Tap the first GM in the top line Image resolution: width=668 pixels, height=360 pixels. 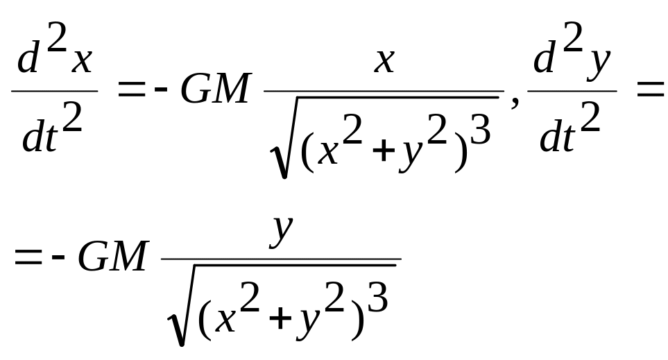click(x=214, y=90)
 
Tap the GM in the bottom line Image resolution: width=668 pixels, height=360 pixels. click(x=112, y=258)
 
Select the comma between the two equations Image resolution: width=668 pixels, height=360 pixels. click(x=514, y=103)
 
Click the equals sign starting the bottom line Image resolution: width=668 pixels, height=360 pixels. click(x=28, y=258)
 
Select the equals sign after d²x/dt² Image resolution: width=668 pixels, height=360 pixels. click(x=131, y=90)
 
